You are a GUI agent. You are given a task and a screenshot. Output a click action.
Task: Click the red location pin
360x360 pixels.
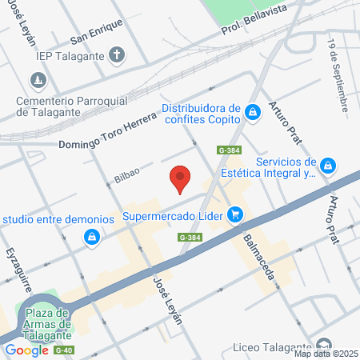[x=180, y=178]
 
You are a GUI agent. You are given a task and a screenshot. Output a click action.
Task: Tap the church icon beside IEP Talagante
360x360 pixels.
[x=117, y=55]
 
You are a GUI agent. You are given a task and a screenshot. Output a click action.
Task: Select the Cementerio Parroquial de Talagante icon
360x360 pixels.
[x=38, y=81]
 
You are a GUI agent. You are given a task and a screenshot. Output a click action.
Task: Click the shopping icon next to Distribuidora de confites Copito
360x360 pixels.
[x=253, y=112]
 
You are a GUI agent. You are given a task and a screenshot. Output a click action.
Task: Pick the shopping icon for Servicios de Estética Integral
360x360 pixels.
[x=327, y=166]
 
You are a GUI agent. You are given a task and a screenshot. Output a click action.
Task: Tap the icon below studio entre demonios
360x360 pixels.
[x=93, y=237]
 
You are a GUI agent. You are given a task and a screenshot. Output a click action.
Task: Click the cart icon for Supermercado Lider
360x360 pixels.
[x=234, y=214]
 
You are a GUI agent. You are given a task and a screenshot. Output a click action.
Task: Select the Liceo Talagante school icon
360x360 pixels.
[x=323, y=345]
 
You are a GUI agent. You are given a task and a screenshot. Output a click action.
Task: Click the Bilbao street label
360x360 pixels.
[x=127, y=174]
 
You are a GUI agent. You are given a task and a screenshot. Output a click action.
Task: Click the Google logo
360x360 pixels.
[x=26, y=350]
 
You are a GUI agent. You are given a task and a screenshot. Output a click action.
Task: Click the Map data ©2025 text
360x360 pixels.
[x=325, y=354]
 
